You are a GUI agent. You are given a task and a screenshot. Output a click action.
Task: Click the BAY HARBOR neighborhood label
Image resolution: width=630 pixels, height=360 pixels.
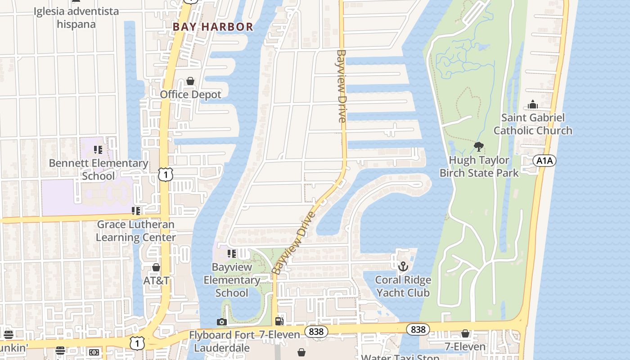(213, 27)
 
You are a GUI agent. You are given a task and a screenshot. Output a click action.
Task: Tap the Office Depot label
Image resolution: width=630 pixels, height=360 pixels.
(191, 94)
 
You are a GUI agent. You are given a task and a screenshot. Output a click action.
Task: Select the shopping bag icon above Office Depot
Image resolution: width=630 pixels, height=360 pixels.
(190, 81)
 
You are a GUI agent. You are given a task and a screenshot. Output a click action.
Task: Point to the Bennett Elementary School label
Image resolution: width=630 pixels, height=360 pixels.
(99, 169)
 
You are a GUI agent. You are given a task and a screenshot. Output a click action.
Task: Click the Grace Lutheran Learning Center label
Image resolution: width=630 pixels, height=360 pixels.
(136, 231)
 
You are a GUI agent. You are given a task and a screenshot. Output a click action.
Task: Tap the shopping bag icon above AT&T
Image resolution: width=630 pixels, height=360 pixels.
(156, 268)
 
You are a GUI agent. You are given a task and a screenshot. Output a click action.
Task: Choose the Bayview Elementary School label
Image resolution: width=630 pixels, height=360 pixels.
(232, 280)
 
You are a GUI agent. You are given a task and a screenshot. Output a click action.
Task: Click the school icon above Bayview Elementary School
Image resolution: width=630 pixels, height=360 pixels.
(232, 254)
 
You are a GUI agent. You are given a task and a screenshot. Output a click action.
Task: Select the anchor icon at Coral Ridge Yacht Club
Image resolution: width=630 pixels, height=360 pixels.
(403, 266)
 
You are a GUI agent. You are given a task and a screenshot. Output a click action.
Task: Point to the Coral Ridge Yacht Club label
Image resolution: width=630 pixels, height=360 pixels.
(403, 286)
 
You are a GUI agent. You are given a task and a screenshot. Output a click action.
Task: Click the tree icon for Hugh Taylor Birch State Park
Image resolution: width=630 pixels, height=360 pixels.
(479, 147)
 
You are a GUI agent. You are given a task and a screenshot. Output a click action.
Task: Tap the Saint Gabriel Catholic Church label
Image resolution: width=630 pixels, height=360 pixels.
(533, 124)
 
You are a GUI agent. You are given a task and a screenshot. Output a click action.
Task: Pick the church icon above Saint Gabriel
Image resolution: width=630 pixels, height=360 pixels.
(533, 105)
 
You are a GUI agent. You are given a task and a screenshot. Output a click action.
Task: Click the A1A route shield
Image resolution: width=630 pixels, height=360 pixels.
(544, 161)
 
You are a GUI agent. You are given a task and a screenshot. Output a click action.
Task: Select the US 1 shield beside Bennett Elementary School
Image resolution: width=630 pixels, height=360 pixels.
(166, 175)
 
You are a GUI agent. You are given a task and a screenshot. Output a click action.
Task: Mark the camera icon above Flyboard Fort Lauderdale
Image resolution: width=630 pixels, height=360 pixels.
(221, 322)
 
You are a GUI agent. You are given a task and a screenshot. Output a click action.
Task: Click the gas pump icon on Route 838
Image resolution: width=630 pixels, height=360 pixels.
(279, 321)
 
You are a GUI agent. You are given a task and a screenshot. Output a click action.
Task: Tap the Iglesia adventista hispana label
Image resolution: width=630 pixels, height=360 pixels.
(76, 17)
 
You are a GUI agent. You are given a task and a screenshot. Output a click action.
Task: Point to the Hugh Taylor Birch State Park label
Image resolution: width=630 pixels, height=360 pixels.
(479, 166)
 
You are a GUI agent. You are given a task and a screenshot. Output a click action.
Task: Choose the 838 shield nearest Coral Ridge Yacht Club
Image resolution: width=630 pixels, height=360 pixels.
(418, 330)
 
